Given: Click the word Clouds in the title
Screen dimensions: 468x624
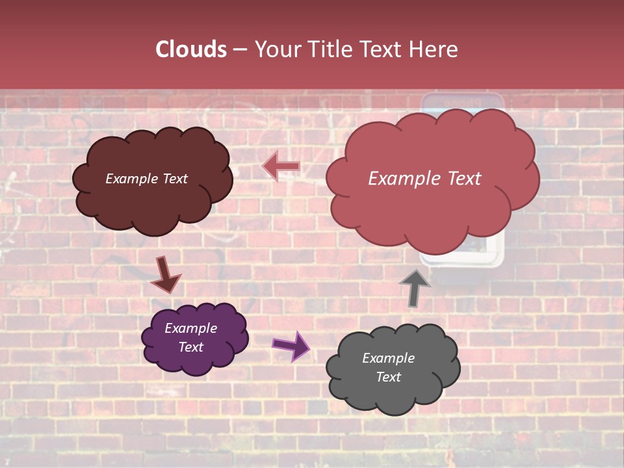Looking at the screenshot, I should (x=191, y=49).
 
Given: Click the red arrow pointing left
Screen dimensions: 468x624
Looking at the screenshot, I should (x=281, y=166).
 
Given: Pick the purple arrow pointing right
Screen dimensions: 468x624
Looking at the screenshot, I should (x=291, y=346).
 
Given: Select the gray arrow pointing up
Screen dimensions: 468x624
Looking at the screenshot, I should (x=414, y=287).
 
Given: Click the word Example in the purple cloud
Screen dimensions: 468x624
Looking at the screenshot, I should (x=190, y=328).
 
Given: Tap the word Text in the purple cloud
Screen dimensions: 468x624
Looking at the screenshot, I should (x=190, y=347).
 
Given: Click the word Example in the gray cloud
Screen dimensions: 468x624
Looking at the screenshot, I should (x=388, y=358).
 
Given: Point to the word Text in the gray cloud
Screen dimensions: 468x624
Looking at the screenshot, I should (x=388, y=377).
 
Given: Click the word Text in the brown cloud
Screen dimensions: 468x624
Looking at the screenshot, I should (x=174, y=179).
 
